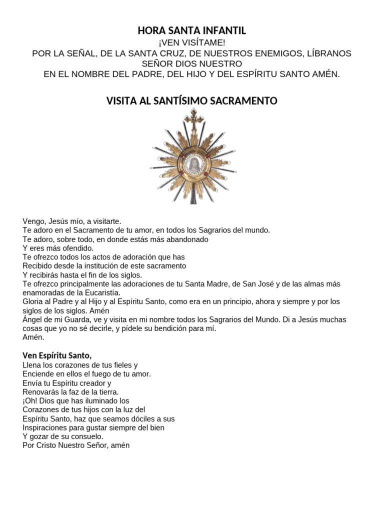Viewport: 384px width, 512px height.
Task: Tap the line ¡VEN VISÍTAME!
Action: pyautogui.click(x=192, y=43)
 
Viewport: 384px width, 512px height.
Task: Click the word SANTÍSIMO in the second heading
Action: pyautogui.click(x=191, y=101)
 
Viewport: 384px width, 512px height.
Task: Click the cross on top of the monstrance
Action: pyautogui.click(x=194, y=118)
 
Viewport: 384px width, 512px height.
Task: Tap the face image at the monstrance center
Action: pyautogui.click(x=192, y=162)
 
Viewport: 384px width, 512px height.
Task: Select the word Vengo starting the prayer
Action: pyautogui.click(x=33, y=221)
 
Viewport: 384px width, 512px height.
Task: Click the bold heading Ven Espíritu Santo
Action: pyautogui.click(x=57, y=355)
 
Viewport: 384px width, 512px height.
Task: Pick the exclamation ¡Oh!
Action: pyautogui.click(x=30, y=401)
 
